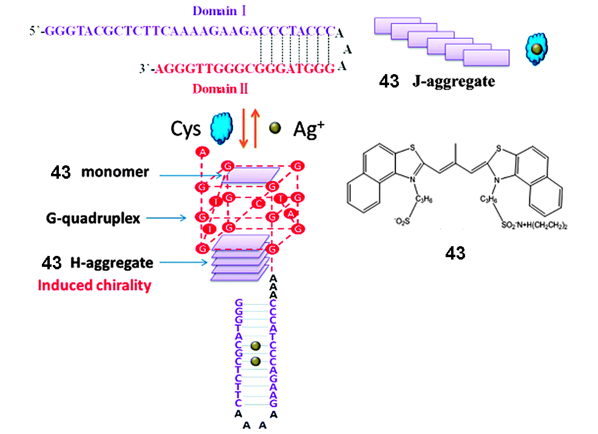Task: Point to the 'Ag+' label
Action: (307, 129)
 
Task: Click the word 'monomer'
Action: (115, 172)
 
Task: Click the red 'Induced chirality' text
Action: (93, 284)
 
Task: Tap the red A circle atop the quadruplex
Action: (202, 151)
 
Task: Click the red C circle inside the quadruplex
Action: (259, 201)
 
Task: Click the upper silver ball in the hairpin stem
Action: (256, 346)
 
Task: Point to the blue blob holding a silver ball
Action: (535, 50)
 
